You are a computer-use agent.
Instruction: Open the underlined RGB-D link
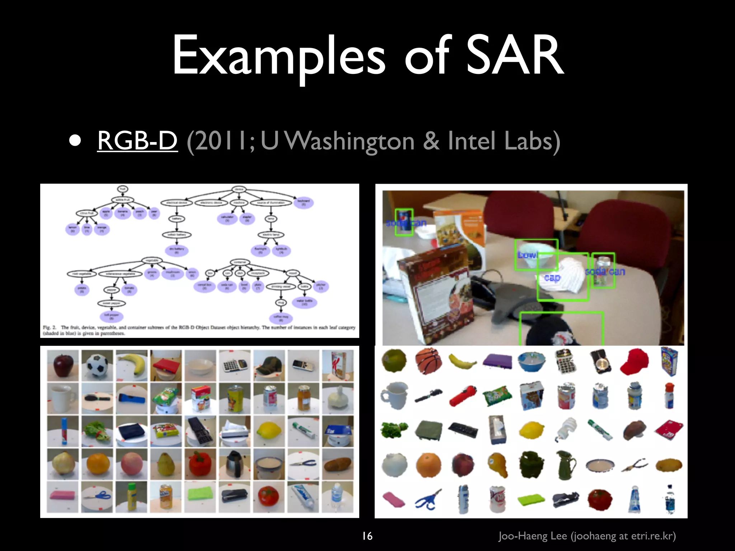(137, 140)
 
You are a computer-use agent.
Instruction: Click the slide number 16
(367, 536)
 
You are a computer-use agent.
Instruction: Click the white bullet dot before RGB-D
(75, 141)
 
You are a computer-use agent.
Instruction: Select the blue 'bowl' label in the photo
(527, 255)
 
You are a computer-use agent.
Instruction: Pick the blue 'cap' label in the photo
(552, 278)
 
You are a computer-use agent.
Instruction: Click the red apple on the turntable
(63, 366)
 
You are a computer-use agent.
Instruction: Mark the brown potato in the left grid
(337, 465)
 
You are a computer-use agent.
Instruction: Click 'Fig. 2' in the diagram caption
(50, 328)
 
